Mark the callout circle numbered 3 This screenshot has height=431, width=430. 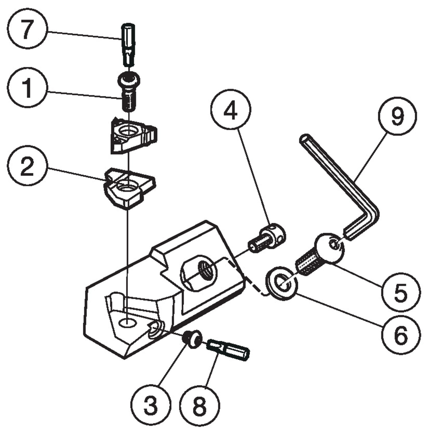click(x=151, y=405)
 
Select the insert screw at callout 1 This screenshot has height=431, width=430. click(x=129, y=92)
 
